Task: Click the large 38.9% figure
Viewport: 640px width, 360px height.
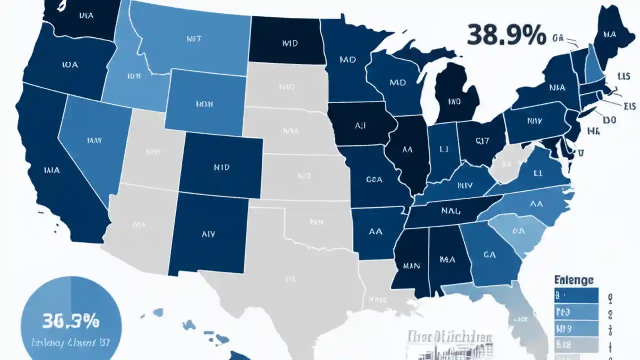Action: click(x=506, y=35)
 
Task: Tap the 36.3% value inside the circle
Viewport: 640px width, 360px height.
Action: click(x=71, y=320)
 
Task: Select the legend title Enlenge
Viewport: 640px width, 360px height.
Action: click(x=574, y=280)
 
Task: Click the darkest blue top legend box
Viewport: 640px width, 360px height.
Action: click(x=576, y=296)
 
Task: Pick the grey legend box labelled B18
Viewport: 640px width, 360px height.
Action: click(x=576, y=345)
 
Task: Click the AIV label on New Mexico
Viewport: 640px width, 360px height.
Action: click(x=208, y=233)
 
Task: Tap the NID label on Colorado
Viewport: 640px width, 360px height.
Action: click(x=220, y=167)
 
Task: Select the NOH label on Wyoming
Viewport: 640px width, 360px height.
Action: click(x=204, y=104)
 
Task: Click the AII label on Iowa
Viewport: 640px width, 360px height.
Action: click(x=360, y=126)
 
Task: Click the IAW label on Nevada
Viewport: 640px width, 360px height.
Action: click(x=94, y=141)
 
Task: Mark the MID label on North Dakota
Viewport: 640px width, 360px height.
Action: click(x=289, y=43)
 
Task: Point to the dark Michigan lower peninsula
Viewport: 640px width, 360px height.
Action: click(x=454, y=100)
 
